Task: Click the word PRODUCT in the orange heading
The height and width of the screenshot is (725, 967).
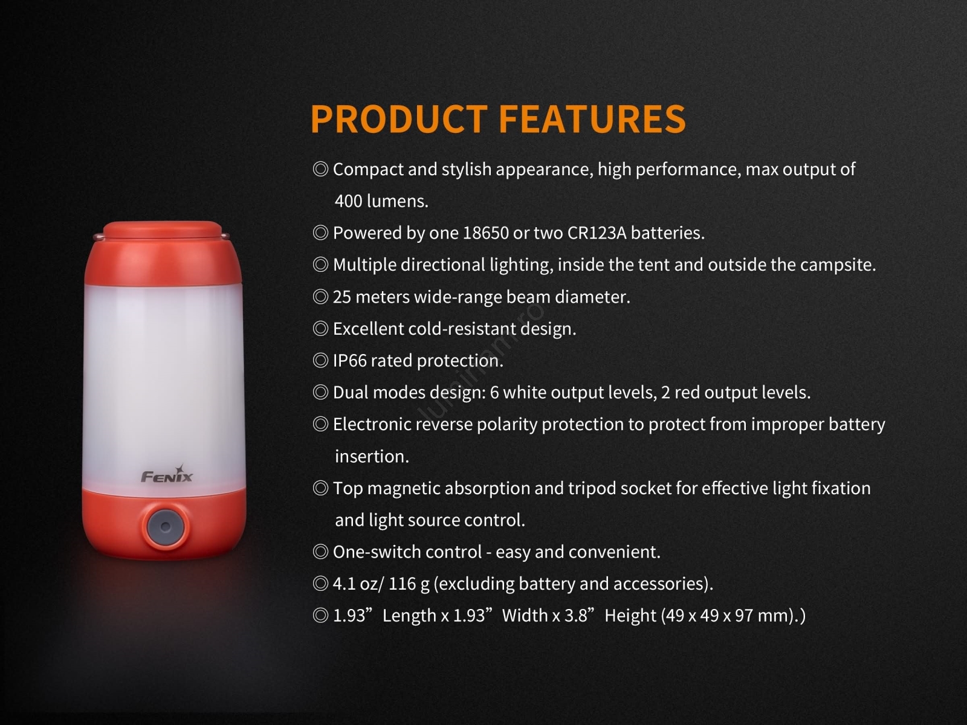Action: (399, 118)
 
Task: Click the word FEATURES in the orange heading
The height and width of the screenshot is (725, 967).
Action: (592, 118)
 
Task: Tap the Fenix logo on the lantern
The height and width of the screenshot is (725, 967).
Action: (167, 474)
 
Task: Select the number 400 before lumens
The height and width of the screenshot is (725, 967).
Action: (348, 201)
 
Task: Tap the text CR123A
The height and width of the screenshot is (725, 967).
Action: (597, 233)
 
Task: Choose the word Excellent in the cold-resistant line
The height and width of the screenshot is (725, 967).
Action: (368, 329)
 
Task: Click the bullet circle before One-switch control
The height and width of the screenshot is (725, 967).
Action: (320, 552)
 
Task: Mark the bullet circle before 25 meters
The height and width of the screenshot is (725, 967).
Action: (320, 297)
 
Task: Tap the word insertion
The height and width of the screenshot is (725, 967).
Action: (372, 457)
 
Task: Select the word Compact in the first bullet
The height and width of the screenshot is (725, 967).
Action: (368, 170)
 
